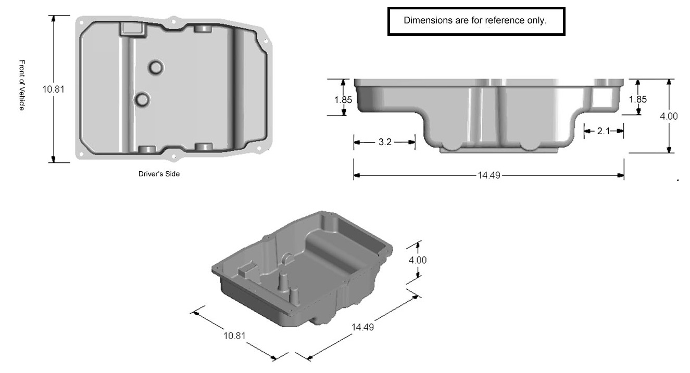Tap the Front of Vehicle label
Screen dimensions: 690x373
[22, 85]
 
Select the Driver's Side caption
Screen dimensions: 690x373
[159, 174]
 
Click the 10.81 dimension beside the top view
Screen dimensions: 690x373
[53, 89]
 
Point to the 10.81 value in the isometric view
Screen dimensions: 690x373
[234, 336]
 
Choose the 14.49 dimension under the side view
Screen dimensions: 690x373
[489, 175]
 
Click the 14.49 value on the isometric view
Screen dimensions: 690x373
[362, 327]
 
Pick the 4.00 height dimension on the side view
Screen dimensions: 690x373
[669, 117]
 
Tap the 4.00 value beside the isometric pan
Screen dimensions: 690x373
[418, 260]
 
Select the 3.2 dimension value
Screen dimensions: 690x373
[385, 142]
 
